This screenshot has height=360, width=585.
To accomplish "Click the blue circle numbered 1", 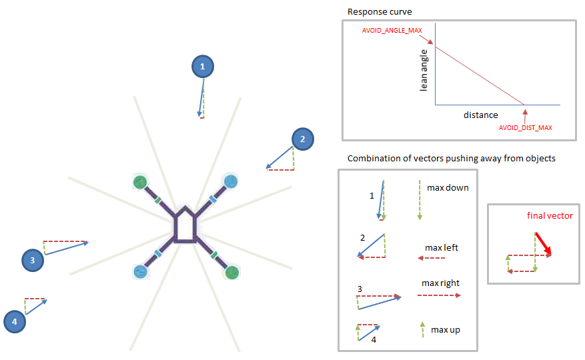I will (203, 66).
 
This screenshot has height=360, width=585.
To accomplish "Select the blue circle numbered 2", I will (302, 139).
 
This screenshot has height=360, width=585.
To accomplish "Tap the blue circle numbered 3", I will (32, 260).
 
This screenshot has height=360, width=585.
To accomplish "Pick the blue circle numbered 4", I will (14, 323).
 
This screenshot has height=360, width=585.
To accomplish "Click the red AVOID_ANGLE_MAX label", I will (392, 31).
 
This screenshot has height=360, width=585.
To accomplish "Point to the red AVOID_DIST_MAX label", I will (526, 127).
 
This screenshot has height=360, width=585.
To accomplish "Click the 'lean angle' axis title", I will (424, 72).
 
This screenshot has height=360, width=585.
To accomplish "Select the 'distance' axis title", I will (480, 115).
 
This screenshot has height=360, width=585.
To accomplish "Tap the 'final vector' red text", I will (550, 215).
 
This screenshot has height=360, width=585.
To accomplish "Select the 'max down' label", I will (448, 187).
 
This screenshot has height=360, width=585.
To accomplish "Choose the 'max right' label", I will (440, 283).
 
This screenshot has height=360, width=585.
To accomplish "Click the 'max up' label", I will (445, 329).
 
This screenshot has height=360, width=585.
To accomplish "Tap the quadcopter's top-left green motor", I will (140, 181).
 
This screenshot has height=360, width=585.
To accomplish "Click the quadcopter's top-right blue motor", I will (230, 181).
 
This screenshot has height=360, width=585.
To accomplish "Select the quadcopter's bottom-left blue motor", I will (140, 271).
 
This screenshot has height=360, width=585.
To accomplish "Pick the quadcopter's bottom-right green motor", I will (231, 271).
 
